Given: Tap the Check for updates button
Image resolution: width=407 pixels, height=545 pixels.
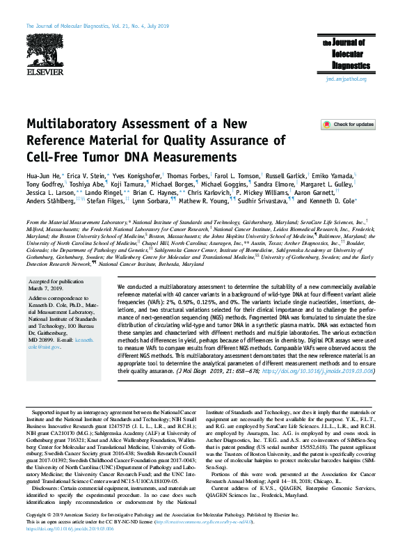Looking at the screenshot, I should [348, 125].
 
